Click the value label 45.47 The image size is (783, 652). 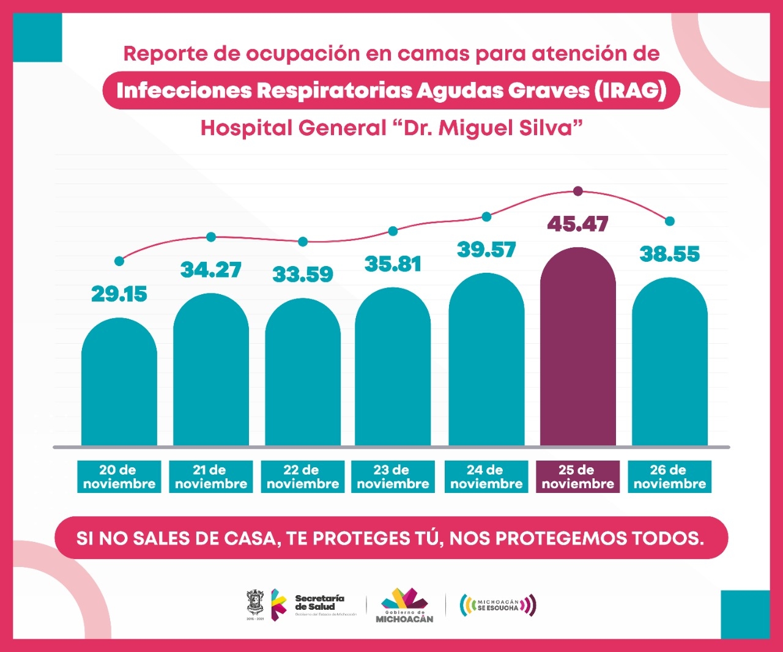pyautogui.click(x=577, y=224)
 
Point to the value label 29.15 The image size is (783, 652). pyautogui.click(x=119, y=294)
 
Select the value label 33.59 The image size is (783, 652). pyautogui.click(x=303, y=274)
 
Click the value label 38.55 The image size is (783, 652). pyautogui.click(x=669, y=254)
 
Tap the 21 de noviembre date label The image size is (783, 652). pyautogui.click(x=211, y=477)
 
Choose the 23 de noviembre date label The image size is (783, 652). pyautogui.click(x=393, y=477)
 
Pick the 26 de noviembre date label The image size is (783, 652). pyautogui.click(x=669, y=477)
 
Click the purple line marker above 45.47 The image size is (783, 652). pyautogui.click(x=577, y=191)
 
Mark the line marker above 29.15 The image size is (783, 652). pyautogui.click(x=119, y=261)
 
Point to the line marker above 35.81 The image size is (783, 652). pyautogui.click(x=393, y=231)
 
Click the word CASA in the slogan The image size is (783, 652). pyautogui.click(x=251, y=538)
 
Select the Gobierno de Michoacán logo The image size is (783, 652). pyautogui.click(x=404, y=606)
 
